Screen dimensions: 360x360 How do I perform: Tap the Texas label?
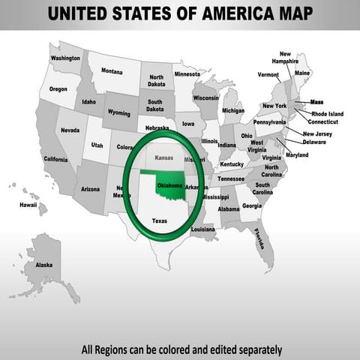point(160,221)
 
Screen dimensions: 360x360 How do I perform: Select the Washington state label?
point(65,58)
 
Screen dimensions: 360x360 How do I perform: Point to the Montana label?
point(112,71)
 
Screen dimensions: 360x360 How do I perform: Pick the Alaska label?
point(44,265)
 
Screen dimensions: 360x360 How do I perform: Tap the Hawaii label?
point(28,204)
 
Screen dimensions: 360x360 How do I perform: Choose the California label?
point(55,159)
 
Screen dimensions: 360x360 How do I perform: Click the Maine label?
point(302,73)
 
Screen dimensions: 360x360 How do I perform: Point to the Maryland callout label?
point(297,154)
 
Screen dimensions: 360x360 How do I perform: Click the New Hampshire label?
point(286,58)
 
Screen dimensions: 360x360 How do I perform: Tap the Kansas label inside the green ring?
point(163,158)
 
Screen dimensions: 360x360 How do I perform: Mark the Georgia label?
point(252,205)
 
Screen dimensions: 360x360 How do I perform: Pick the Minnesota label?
point(187,75)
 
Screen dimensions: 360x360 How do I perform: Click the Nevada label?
point(70,130)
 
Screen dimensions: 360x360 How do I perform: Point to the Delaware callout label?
point(314,141)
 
